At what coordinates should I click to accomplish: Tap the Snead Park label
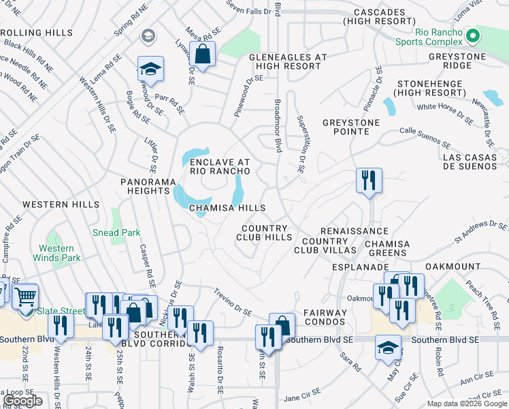[x=116, y=232]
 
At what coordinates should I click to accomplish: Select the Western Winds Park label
[x=56, y=253]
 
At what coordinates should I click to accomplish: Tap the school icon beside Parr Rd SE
[x=150, y=69]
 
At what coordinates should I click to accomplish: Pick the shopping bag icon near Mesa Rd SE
[x=202, y=53]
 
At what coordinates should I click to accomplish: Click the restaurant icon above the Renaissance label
[x=369, y=181]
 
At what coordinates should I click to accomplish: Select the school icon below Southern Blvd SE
[x=389, y=347]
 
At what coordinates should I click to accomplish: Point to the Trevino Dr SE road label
[x=233, y=303]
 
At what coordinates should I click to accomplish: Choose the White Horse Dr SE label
[x=445, y=113]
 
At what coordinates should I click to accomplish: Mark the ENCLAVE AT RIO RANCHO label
[x=220, y=166]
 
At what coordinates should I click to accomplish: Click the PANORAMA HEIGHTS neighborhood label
[x=145, y=187]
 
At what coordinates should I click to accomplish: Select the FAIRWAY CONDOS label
[x=321, y=317]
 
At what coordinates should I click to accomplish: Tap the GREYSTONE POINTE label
[x=351, y=127]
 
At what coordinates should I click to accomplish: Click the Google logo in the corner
[x=22, y=401]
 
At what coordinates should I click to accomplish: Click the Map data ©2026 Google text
[x=466, y=404]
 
